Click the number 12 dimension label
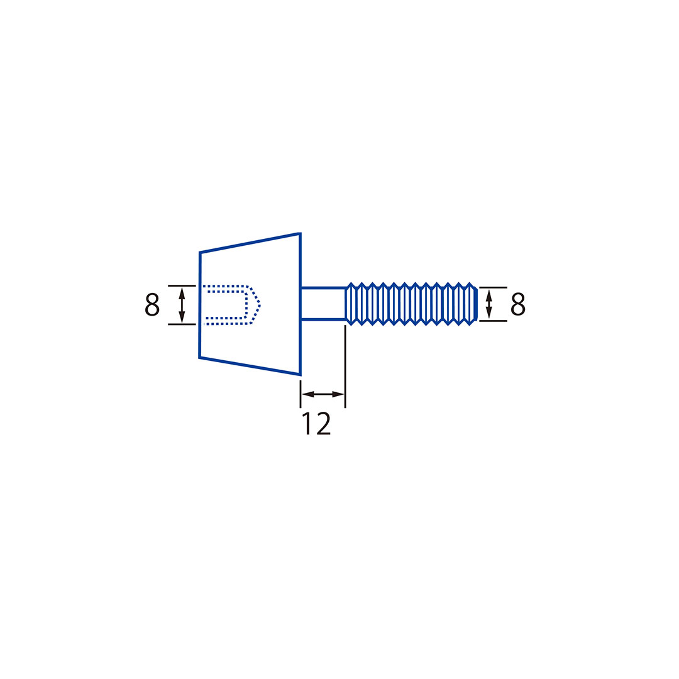[x=317, y=424]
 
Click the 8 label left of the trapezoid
[x=152, y=305]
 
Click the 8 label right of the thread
[x=517, y=304]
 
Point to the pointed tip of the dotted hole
[x=259, y=306]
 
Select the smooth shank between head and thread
[x=323, y=304]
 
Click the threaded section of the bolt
[x=411, y=304]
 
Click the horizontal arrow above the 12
[x=323, y=394]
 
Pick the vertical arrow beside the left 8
[x=182, y=305]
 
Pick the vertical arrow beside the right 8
[x=489, y=304]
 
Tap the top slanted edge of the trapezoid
[x=249, y=243]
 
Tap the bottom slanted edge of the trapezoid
[x=249, y=366]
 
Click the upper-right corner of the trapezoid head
[x=299, y=234]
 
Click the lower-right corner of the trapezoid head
[x=300, y=375]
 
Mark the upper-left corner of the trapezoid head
[x=200, y=253]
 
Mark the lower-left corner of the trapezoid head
[x=200, y=357]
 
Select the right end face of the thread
[x=476, y=304]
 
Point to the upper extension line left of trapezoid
[x=182, y=285]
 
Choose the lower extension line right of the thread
[x=493, y=321]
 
